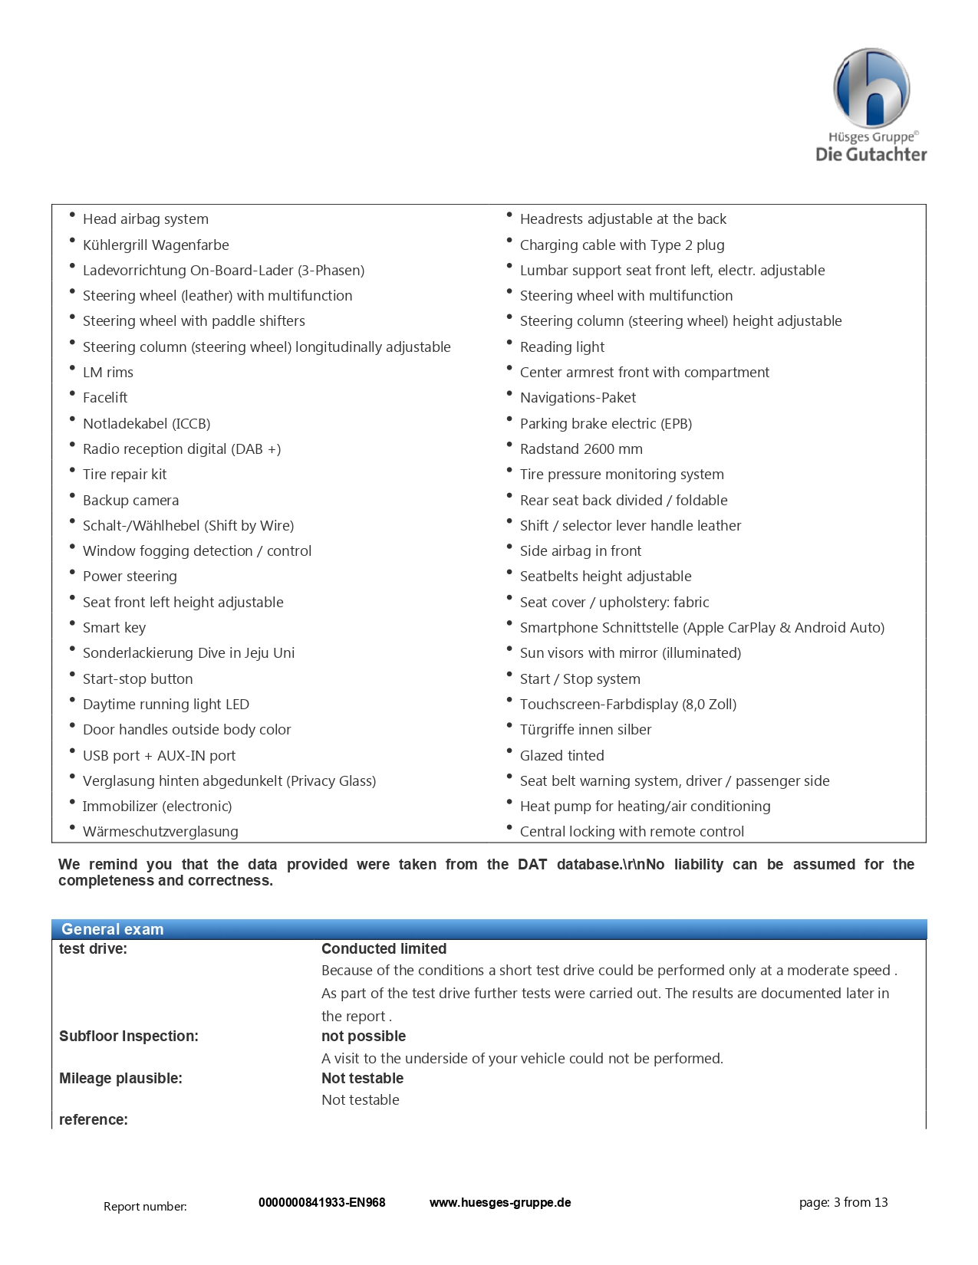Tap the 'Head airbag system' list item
[x=146, y=219]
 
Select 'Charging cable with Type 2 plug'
[x=622, y=245]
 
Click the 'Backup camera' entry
[x=130, y=501]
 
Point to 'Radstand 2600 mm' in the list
[x=581, y=449]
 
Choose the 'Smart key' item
[x=114, y=628]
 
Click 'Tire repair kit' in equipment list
[x=124, y=475]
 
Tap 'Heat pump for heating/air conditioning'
[x=645, y=807]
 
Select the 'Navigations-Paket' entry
[x=578, y=398]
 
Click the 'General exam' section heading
[x=113, y=929]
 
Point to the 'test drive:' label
[x=93, y=949]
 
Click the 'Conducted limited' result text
[x=384, y=949]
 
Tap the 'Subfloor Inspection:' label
[x=128, y=1037]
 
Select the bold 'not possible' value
[x=364, y=1037]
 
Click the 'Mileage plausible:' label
[x=120, y=1079]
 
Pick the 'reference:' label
[x=93, y=1120]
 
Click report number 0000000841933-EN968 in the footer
[x=321, y=1203]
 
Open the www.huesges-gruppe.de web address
[x=500, y=1203]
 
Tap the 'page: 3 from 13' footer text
[x=843, y=1203]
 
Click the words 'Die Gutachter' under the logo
[x=871, y=155]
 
